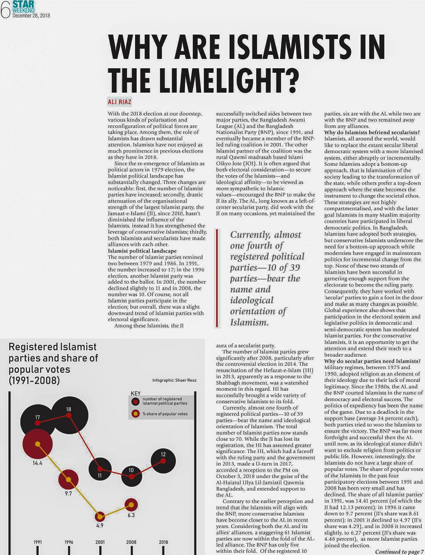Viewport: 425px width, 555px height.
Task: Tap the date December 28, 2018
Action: click(x=31, y=16)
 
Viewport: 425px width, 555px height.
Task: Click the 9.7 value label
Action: click(x=68, y=494)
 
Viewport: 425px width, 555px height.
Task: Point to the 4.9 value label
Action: click(x=100, y=525)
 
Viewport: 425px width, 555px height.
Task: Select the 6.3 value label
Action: click(x=131, y=515)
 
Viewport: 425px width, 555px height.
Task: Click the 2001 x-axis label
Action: click(x=100, y=542)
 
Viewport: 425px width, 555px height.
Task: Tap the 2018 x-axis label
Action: click(x=163, y=542)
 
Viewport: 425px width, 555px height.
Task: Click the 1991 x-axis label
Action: click(x=38, y=542)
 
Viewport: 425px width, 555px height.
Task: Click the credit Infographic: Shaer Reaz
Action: click(x=174, y=380)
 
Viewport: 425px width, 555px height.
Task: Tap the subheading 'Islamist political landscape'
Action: click(x=142, y=251)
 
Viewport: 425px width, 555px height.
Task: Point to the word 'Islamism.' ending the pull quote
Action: click(x=249, y=322)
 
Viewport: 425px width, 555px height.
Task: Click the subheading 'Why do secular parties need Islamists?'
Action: click(x=372, y=361)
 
